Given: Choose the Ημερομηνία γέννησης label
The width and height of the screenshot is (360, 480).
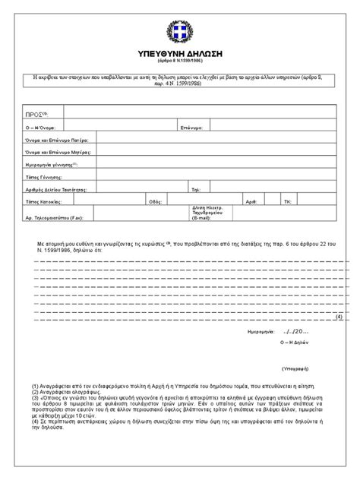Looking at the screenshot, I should click(x=52, y=165).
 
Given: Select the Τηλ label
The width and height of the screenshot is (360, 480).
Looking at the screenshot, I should click(x=195, y=189).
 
